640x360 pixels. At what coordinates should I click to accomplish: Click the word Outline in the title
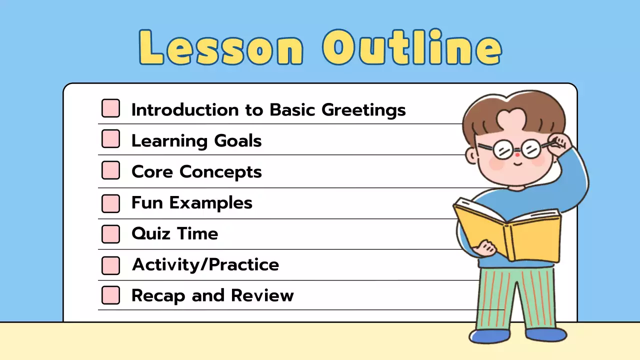tap(411, 47)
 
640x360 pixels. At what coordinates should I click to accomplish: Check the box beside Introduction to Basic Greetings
tap(110, 108)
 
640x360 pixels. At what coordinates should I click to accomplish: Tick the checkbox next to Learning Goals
tap(110, 139)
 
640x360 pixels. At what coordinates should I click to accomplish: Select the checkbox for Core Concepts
tap(110, 170)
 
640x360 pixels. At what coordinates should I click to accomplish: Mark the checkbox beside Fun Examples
tap(110, 203)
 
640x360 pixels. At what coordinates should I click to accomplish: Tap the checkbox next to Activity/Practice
tap(110, 265)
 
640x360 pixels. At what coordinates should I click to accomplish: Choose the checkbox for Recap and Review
tap(110, 295)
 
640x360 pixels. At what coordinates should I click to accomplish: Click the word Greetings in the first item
tap(363, 110)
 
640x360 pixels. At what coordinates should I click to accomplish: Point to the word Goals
tap(238, 141)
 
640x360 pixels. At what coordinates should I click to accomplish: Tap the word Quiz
tap(148, 233)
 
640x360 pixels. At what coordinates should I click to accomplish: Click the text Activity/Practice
tap(205, 265)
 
